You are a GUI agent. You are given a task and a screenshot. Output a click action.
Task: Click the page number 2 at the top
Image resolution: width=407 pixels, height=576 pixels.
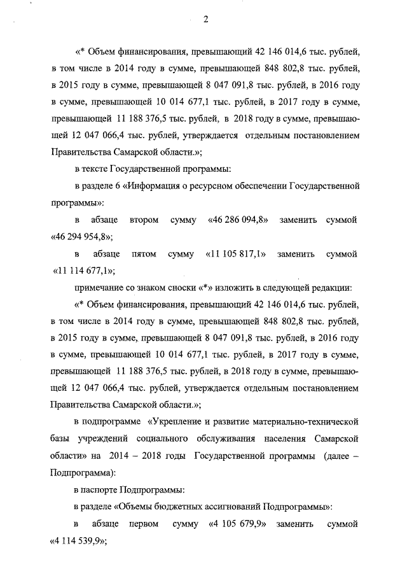[205, 18]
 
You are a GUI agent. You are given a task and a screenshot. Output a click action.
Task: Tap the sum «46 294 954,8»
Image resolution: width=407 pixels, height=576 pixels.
[81, 237]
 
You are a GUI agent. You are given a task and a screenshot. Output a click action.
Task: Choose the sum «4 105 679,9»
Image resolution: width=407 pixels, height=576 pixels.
[238, 525]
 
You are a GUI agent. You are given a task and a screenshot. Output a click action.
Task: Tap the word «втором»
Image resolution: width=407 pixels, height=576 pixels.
[145, 220]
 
